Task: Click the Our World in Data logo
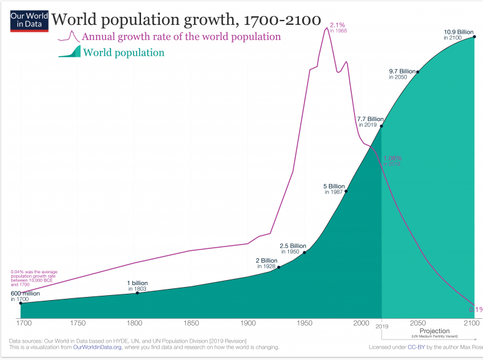pos(29,21)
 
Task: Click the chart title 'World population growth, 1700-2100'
pos(185,21)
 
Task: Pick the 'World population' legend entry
pos(124,52)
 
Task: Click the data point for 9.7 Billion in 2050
pos(417,72)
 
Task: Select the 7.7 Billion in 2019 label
pos(370,122)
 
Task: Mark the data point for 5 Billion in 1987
pos(346,191)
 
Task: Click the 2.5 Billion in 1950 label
pos(293,248)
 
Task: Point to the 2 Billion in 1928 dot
pos(279,267)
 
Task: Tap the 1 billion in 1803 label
pos(137,286)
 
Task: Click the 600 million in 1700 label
pos(25,296)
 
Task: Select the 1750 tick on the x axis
pos(78,324)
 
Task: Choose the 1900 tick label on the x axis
pos(248,324)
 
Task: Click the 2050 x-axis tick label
pos(417,324)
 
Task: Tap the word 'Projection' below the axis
pos(434,331)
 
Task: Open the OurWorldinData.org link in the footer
pos(97,348)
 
